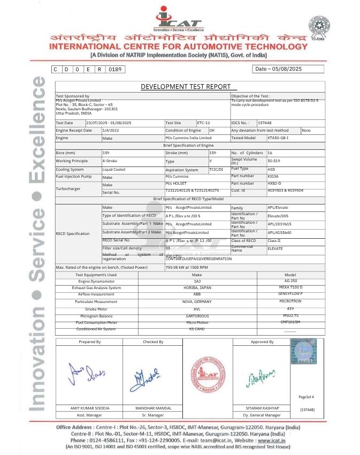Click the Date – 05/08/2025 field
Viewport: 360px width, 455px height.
288,69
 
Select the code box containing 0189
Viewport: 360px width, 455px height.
116,70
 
